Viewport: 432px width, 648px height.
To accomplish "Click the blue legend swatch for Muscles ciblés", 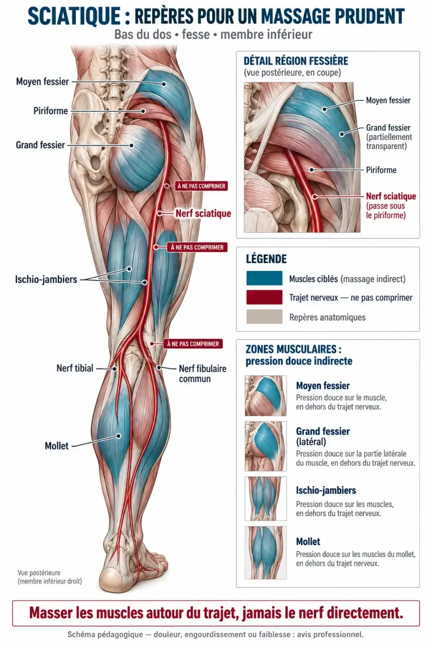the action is [264, 278].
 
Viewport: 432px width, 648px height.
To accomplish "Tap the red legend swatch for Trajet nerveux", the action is [264, 297].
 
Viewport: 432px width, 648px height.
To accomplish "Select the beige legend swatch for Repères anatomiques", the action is [264, 316].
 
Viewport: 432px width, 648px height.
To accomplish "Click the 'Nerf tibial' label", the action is [75, 368].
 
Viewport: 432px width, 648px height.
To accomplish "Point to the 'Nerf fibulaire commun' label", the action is [203, 374].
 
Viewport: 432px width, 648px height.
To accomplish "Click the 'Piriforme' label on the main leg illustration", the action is [51, 111].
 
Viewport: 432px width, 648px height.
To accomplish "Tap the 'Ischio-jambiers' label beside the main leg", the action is [46, 279].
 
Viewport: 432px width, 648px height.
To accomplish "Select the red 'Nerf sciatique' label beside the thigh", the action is [204, 214].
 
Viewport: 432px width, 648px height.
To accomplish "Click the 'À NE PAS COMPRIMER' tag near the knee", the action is [193, 344].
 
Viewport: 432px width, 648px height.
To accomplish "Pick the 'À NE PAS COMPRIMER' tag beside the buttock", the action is [202, 186].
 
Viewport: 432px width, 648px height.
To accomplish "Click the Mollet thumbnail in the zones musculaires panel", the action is [265, 553].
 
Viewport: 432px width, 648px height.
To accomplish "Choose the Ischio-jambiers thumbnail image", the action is [265, 499].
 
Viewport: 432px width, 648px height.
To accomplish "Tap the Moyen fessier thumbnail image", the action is [265, 395].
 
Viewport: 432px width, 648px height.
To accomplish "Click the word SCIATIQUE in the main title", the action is [74, 16].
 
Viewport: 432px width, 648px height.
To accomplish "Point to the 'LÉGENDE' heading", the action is [266, 259].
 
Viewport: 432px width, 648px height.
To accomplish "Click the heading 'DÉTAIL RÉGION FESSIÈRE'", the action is [296, 61].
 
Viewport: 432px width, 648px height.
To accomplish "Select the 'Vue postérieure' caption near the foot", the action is [39, 573].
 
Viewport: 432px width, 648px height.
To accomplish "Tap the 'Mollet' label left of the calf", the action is [57, 446].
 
